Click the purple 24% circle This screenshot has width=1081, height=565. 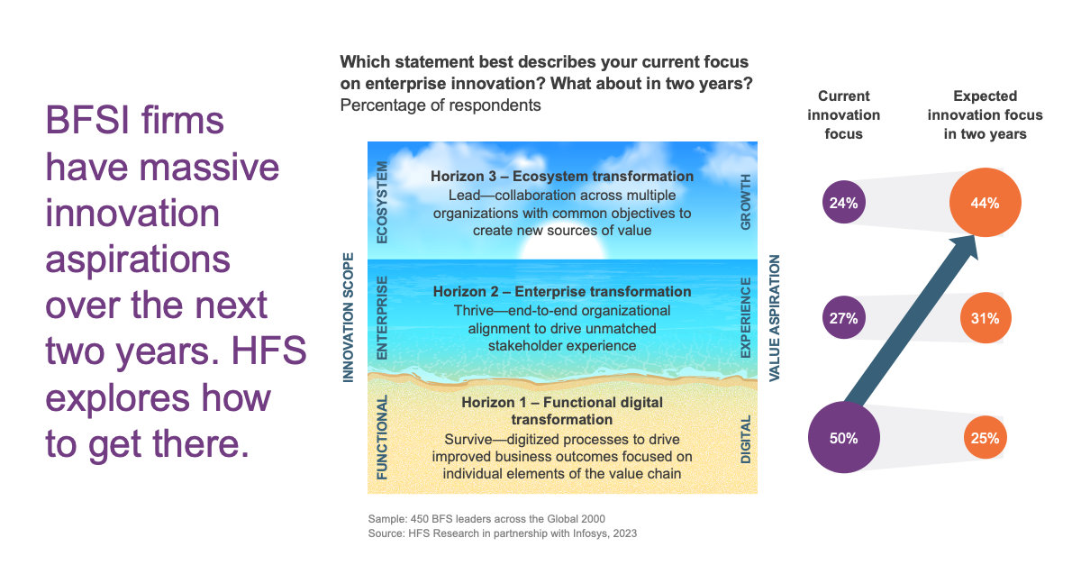tap(843, 203)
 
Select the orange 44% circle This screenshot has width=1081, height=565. tap(985, 203)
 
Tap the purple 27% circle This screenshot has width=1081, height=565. tap(843, 318)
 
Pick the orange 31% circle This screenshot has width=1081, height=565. tap(985, 318)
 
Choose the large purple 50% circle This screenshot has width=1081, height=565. tap(843, 438)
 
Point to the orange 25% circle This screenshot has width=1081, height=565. tap(985, 438)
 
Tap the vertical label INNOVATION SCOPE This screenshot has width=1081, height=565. tap(348, 317)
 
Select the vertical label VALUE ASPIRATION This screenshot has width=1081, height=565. tap(774, 318)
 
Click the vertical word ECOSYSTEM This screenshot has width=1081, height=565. tap(382, 203)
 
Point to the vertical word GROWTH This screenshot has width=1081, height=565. tap(746, 203)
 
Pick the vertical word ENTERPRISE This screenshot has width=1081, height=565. tap(382, 318)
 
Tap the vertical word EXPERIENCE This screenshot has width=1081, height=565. tap(746, 318)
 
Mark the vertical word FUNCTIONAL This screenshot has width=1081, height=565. tap(382, 438)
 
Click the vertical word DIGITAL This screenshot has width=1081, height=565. tap(746, 439)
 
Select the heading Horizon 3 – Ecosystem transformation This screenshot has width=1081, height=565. tap(562, 177)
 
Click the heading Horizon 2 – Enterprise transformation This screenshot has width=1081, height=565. tap(562, 292)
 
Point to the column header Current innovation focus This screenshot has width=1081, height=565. tap(843, 115)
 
